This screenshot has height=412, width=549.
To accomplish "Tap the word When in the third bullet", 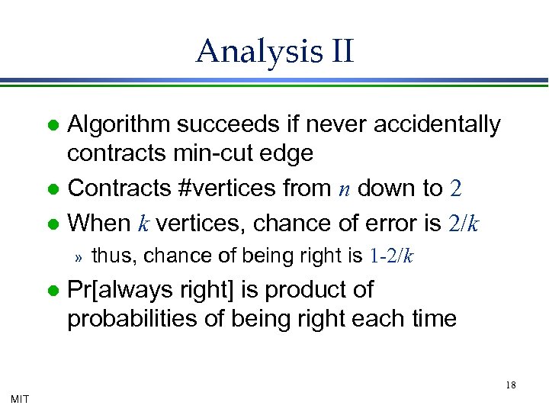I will [x=99, y=223].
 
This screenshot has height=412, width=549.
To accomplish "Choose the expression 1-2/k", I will [x=391, y=256].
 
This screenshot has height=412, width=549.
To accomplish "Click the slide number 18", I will [x=510, y=385].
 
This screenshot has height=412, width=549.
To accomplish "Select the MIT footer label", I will [x=21, y=398].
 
